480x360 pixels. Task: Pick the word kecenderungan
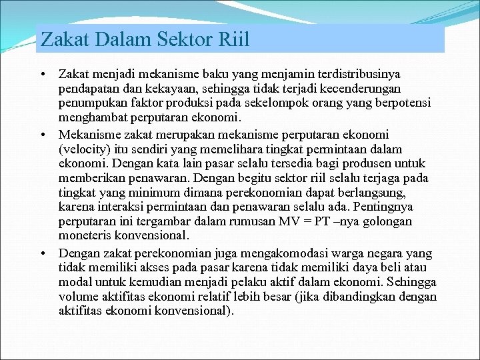coord(373,88)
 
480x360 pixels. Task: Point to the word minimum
coord(148,192)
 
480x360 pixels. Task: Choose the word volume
coord(79,296)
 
